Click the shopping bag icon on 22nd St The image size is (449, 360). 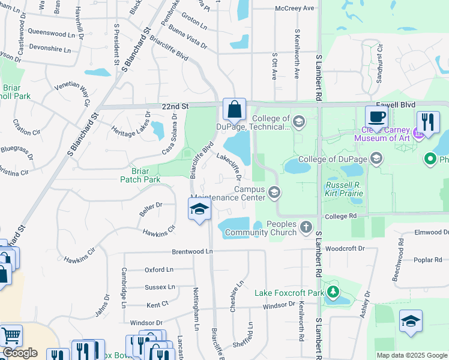point(235,110)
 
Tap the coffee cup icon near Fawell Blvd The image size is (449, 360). point(376,116)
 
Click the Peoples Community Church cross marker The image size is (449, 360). point(306,226)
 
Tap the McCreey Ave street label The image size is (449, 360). point(295,8)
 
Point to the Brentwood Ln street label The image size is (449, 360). point(192,252)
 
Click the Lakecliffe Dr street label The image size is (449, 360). point(228,166)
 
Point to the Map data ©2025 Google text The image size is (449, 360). point(411,355)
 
